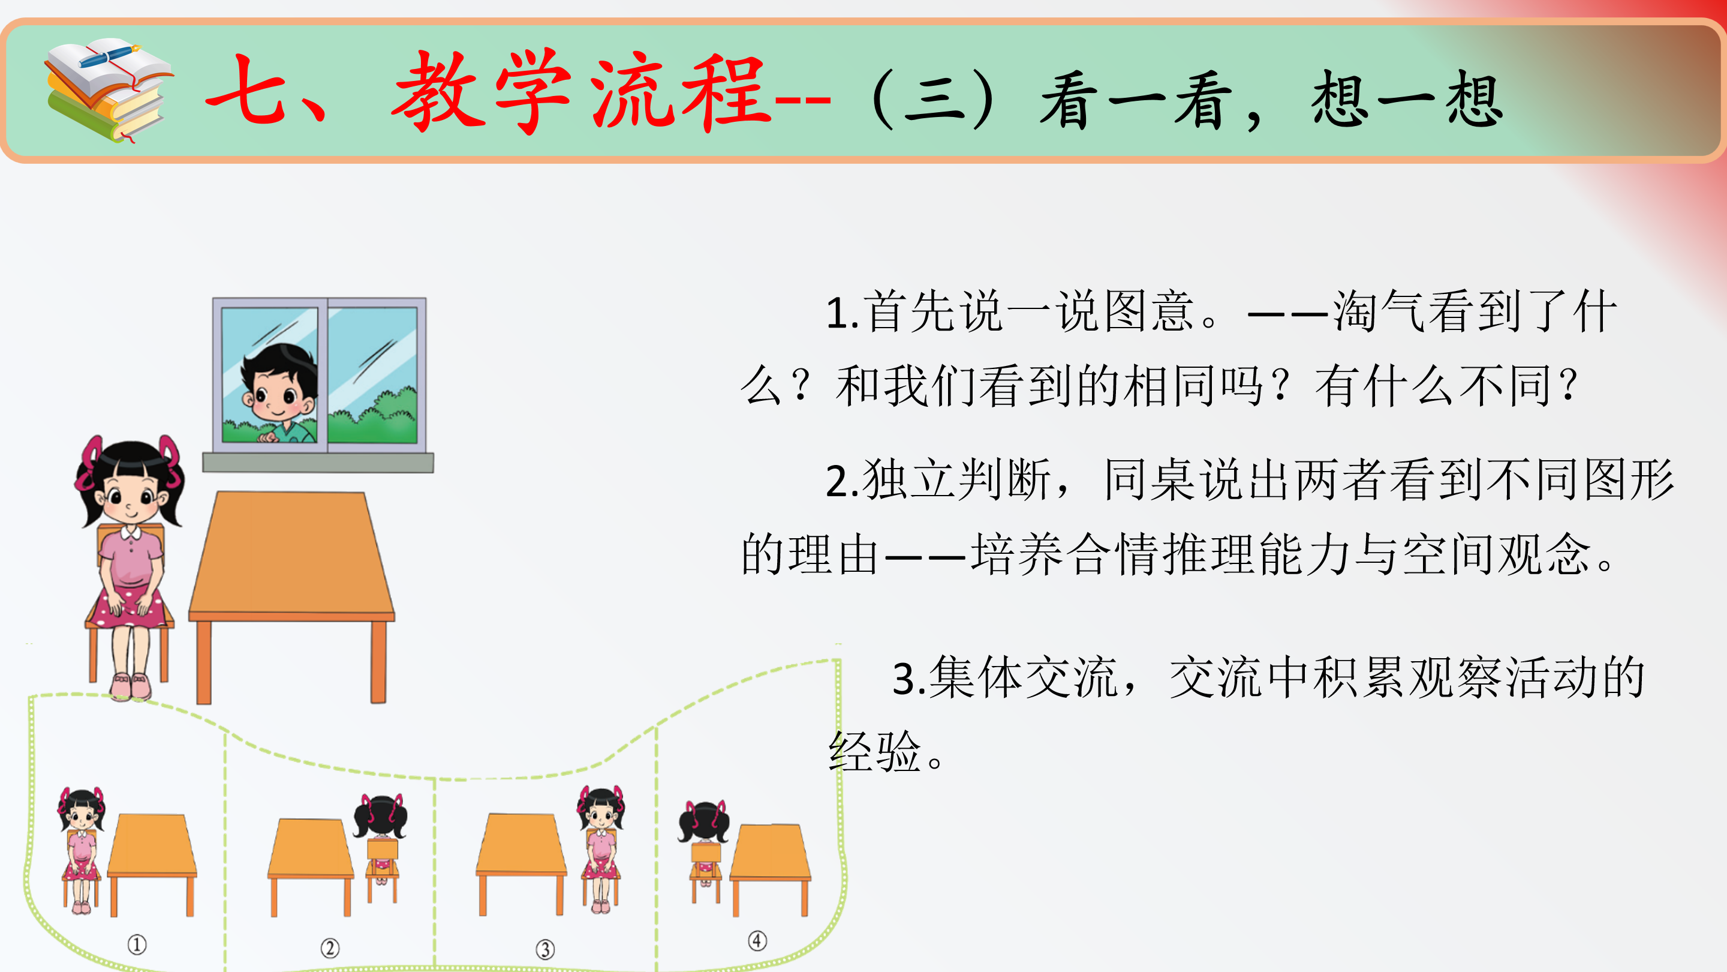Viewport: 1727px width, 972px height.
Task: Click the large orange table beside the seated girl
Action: point(291,597)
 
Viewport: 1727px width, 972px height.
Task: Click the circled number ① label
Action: point(137,944)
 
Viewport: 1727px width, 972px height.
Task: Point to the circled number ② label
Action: point(330,947)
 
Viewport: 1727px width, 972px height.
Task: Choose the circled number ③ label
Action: point(545,949)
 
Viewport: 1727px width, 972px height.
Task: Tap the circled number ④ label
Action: point(757,940)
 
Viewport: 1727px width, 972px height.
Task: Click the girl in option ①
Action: point(81,850)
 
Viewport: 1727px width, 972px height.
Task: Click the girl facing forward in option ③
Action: point(601,849)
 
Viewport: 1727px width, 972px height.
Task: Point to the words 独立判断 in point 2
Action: point(956,479)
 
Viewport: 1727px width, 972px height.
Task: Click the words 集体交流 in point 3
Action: point(1023,677)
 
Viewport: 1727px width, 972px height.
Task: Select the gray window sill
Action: point(318,463)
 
